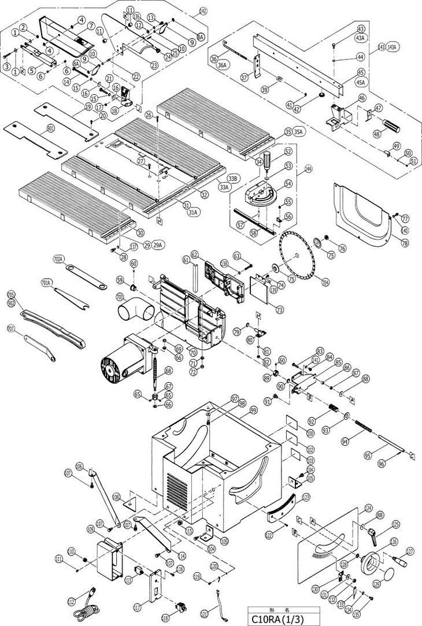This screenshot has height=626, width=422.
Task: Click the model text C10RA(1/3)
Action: tap(283, 618)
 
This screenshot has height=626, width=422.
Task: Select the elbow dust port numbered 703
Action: tap(136, 311)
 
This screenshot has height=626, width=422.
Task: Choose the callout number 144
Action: tap(308, 169)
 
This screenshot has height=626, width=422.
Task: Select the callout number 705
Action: tap(11, 295)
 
